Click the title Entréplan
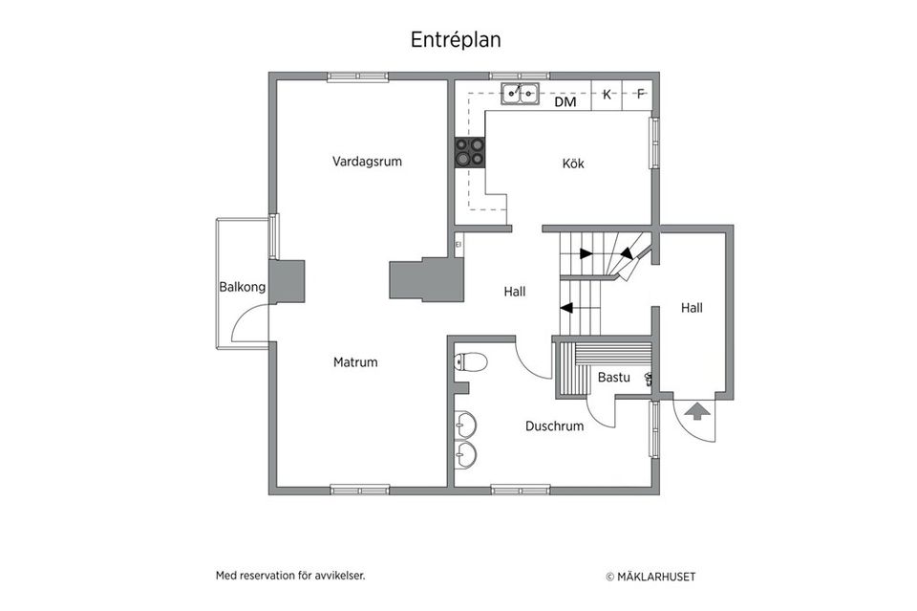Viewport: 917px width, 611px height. pos(456,40)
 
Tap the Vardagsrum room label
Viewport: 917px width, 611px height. pos(367,162)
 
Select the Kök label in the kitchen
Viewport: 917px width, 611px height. pos(572,164)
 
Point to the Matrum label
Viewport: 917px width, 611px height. pos(355,362)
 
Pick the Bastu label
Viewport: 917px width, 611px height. pos(613,378)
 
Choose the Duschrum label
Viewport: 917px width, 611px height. pos(554,426)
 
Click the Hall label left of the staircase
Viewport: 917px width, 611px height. pos(515,293)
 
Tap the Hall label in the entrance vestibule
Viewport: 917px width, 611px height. pos(692,308)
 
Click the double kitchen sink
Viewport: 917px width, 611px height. pos(521,94)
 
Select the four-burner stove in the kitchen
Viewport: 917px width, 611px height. pos(468,153)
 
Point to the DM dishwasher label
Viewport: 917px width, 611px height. pos(565,101)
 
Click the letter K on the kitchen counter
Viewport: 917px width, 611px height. pos(607,94)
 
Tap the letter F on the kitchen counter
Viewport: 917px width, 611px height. pos(640,94)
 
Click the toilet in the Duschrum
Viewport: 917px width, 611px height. pos(470,361)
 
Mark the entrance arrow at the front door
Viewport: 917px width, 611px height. pos(697,411)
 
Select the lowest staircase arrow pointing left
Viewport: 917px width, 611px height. pos(566,308)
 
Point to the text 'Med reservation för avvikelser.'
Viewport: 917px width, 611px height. pos(290,576)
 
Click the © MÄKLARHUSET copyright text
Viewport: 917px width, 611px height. pos(650,577)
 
